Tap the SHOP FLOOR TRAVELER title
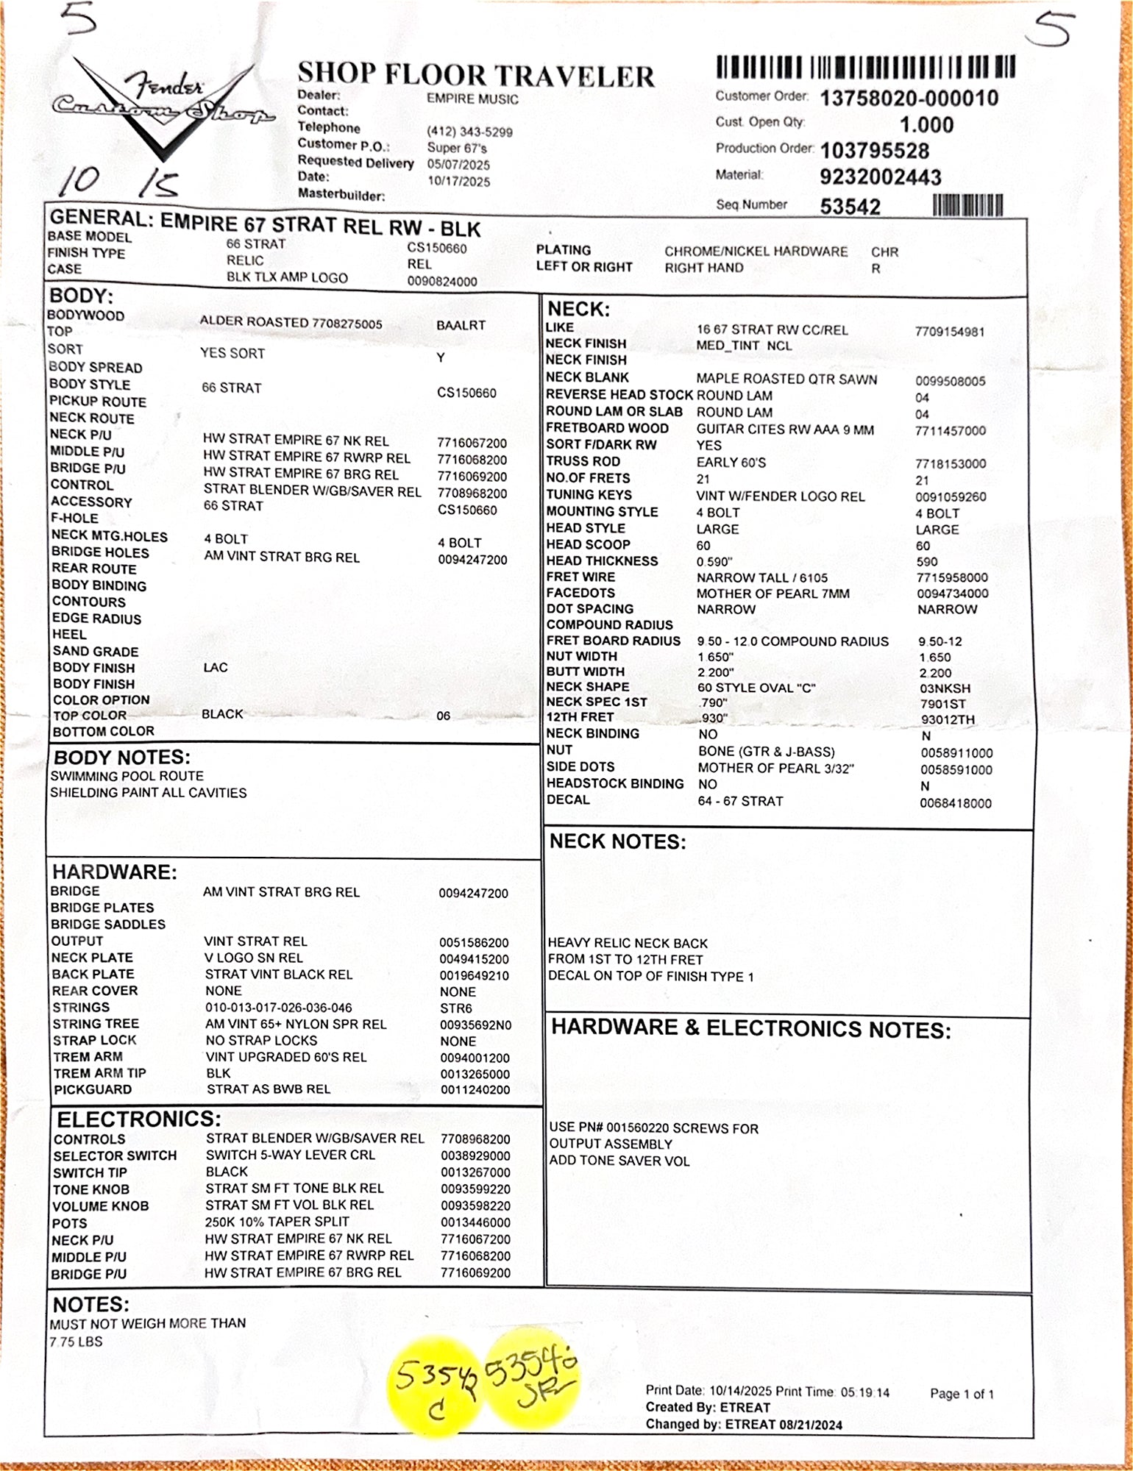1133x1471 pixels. pos(475,75)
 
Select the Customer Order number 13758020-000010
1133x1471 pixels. pos(909,99)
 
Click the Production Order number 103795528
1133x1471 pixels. pos(875,151)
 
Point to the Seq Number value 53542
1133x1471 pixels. pos(850,207)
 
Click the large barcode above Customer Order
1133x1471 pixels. pos(865,68)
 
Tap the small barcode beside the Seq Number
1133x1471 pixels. pos(967,205)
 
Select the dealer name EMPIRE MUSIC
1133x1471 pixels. pos(472,99)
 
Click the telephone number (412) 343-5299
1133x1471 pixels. pos(469,132)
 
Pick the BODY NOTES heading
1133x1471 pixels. pos(122,758)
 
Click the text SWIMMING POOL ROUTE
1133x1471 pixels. pos(127,776)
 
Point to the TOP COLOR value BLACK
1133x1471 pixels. pos(222,714)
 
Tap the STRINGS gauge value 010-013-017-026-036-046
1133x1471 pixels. pos(278,1008)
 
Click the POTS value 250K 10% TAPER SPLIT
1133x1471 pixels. pos(277,1222)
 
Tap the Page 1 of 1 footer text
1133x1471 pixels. pos(962,1394)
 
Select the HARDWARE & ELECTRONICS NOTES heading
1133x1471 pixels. pos(750,1029)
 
